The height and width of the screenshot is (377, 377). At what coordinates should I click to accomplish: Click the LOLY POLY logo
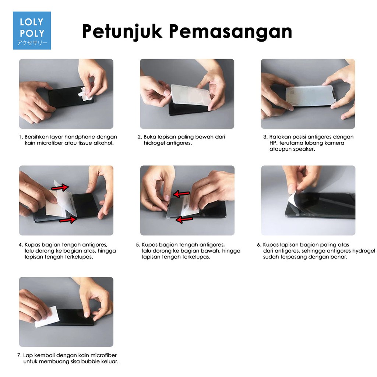point(32,31)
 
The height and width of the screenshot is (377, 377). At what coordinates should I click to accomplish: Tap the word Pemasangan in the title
point(230,32)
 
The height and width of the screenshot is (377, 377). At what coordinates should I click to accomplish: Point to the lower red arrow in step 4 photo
point(68,219)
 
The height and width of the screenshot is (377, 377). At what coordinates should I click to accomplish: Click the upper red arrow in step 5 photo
point(182,194)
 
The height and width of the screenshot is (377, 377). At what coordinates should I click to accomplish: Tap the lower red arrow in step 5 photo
point(184,219)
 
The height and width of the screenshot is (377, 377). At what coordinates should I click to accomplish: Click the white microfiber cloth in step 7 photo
point(47,317)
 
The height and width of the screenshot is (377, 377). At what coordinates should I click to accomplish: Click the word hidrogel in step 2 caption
point(154,143)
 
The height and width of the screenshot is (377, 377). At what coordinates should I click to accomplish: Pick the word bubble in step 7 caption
point(89,362)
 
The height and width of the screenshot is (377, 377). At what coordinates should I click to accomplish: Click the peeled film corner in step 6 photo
point(293,198)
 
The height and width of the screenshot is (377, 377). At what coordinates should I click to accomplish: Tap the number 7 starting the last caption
point(19,355)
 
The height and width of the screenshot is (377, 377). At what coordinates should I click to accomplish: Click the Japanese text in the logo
point(32,43)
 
